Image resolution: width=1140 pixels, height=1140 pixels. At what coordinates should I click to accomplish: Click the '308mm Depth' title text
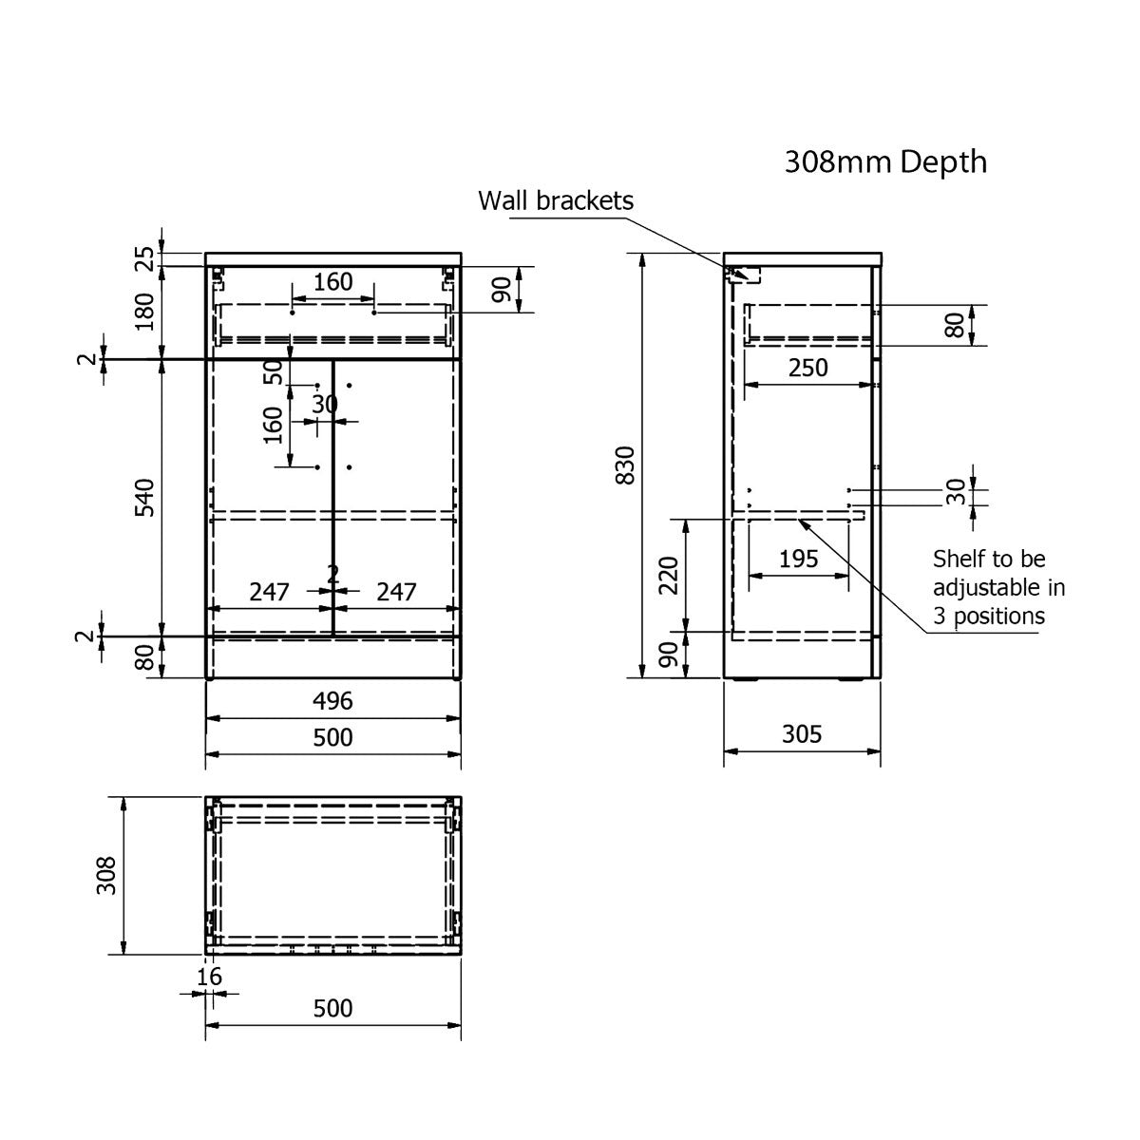tap(884, 162)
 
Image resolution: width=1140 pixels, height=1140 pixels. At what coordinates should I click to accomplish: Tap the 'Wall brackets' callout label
tap(555, 200)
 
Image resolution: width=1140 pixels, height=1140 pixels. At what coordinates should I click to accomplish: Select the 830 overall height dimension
tap(625, 465)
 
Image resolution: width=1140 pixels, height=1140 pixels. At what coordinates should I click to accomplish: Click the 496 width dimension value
tap(332, 701)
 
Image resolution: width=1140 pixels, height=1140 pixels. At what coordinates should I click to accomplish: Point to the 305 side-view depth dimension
tap(802, 733)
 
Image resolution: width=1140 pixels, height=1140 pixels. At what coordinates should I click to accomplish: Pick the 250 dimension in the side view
tap(807, 368)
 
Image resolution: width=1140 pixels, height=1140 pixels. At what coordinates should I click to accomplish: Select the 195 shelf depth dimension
tap(798, 559)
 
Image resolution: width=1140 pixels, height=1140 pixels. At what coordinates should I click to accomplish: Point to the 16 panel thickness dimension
tap(210, 977)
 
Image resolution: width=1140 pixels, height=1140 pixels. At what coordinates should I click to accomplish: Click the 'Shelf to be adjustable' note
tap(997, 586)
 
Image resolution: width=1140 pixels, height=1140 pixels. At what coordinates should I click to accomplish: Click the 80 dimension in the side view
tap(956, 325)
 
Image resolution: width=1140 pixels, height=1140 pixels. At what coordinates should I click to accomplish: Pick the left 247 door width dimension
tap(269, 592)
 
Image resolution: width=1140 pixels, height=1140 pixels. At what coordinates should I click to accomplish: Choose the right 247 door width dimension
tap(396, 592)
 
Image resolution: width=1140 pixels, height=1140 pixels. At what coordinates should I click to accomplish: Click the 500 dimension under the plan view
tap(332, 1008)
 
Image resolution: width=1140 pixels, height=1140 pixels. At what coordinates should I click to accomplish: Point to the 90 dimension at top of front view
tap(502, 289)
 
